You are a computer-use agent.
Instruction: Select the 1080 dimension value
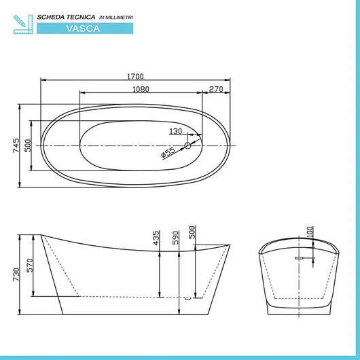(141, 88)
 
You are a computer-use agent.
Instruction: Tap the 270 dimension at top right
(217, 88)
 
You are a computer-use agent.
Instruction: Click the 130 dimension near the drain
(176, 132)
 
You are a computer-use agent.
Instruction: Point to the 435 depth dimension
(157, 239)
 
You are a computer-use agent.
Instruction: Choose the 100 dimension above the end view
(310, 232)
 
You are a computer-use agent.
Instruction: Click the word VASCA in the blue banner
(85, 29)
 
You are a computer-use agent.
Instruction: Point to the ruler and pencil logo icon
(22, 22)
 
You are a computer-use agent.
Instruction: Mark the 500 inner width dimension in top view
(29, 146)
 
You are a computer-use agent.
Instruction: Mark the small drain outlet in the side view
(189, 298)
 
